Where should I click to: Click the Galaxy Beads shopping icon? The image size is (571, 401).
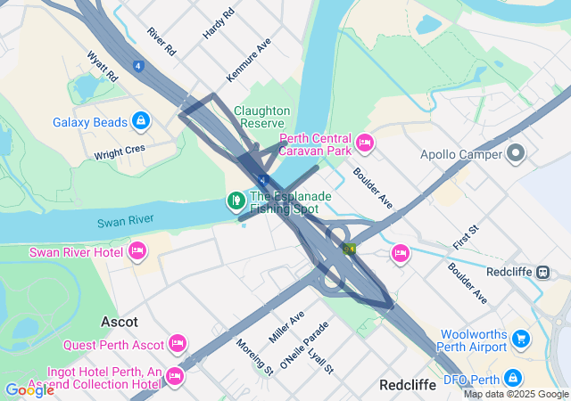point(140,120)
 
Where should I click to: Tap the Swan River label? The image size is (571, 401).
point(128,219)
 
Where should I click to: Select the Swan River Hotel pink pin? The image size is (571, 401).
point(137,251)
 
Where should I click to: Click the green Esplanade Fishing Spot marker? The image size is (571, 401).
point(236,200)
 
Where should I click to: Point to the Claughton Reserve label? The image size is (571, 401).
point(261,117)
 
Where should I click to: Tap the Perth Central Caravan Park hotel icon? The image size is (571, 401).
point(364,143)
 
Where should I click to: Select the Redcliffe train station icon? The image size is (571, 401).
point(542,271)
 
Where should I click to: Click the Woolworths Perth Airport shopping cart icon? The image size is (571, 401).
point(521,340)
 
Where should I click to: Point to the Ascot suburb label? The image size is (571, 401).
point(120,321)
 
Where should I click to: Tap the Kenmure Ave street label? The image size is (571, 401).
point(249,61)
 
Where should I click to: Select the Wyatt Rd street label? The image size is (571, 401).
point(103,66)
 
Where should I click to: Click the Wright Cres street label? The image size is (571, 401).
point(120,152)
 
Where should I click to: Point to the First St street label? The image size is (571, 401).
point(466,238)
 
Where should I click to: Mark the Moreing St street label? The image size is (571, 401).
point(253,355)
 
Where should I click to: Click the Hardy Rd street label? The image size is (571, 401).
point(219,23)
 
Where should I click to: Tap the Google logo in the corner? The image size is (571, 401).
point(29,389)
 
